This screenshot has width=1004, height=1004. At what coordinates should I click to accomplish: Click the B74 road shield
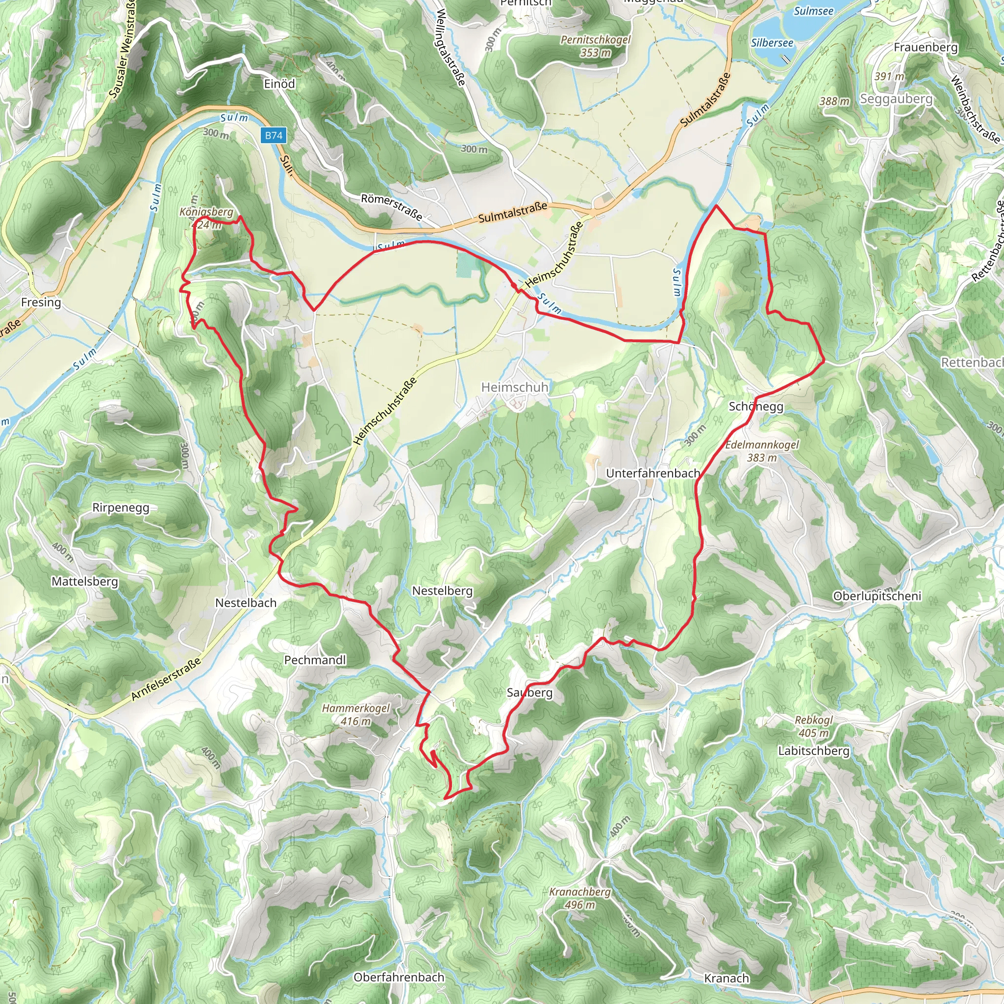274,136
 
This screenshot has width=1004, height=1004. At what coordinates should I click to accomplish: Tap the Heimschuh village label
514,387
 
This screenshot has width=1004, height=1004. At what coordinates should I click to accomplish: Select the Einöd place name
279,84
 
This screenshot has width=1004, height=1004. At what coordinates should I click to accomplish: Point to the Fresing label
41,302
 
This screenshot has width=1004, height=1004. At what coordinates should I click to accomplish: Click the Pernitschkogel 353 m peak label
596,46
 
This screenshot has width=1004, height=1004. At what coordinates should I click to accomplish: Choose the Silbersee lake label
772,43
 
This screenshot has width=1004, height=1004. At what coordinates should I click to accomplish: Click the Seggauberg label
897,99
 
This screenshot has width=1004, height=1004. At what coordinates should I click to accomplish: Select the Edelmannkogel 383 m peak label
762,451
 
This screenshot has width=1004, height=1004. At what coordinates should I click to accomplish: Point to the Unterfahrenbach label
653,474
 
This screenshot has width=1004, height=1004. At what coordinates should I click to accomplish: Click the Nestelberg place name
442,591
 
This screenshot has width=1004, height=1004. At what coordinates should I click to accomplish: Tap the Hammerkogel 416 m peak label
356,715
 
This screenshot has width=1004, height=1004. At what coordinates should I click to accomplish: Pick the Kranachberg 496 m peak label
580,898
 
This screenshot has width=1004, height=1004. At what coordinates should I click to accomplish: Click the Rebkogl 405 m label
814,727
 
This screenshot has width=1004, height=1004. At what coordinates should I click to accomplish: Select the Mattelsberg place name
85,581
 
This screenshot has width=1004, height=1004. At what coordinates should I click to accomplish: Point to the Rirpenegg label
121,508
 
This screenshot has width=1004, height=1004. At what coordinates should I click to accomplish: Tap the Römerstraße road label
391,206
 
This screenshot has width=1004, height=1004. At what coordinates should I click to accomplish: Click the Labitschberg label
814,751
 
